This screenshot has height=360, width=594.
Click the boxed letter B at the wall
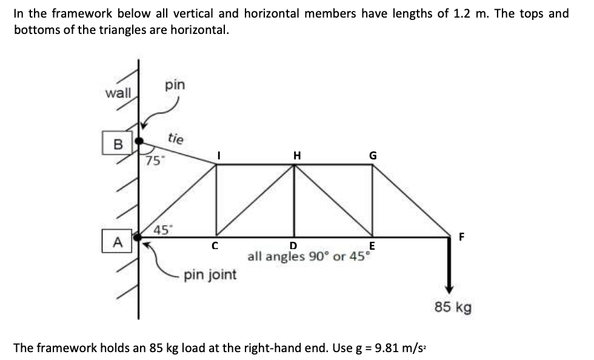point(118,144)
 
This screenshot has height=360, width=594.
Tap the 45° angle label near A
point(162,230)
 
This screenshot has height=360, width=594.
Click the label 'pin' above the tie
point(175,85)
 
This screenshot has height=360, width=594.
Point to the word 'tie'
point(175,139)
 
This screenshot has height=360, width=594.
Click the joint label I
point(219,155)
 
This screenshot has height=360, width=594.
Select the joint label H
point(296,155)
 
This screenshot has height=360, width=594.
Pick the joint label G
point(373,155)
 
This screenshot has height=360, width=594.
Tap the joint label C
point(213,246)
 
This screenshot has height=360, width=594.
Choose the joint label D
point(293,246)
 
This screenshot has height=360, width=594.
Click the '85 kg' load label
point(452,307)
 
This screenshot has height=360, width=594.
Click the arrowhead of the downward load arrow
point(449,289)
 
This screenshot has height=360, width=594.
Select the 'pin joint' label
point(210,275)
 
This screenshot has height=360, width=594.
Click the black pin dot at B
point(139,141)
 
